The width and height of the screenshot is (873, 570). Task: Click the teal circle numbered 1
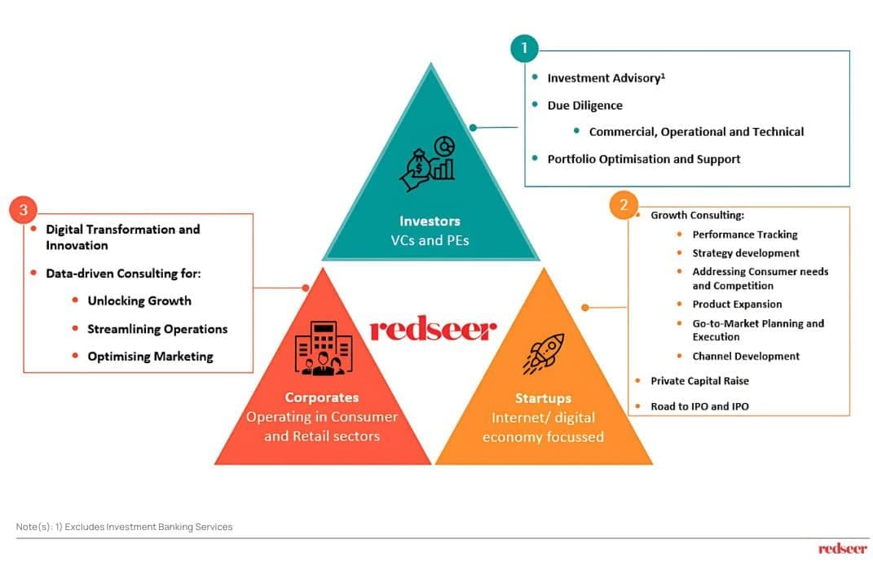pos(524,48)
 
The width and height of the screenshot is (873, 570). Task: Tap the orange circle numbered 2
pos(624,205)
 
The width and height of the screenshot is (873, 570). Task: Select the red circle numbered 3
pos(23,210)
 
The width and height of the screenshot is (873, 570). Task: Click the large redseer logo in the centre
pos(433,330)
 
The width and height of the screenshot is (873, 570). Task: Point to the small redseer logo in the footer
pos(843,548)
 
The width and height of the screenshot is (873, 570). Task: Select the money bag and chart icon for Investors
pos(428,161)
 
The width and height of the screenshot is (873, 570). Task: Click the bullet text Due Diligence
pos(584,105)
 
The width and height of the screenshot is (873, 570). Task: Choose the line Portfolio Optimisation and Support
pos(643,159)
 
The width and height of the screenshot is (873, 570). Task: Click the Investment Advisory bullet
pos(606,78)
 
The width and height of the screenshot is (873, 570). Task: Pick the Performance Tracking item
pos(744,235)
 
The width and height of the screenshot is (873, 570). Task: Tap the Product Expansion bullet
pos(737,304)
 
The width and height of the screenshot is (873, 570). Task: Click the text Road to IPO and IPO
pos(699,406)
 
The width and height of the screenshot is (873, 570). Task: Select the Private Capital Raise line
pos(699,380)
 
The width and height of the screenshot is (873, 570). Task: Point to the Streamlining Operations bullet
pos(157,329)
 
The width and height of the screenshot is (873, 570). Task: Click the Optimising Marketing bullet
pos(150,356)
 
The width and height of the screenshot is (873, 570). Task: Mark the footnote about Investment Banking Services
pos(125,527)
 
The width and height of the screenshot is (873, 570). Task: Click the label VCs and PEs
pos(430,240)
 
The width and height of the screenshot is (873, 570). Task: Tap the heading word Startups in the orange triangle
pos(543,398)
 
